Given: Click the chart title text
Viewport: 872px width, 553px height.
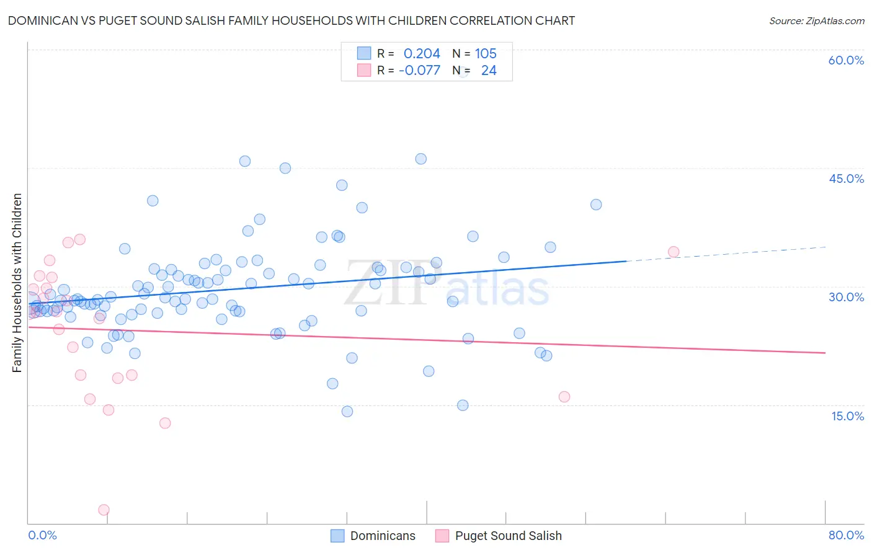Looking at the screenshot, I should tap(291, 20).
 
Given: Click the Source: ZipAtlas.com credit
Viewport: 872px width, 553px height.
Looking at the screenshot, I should tap(816, 20).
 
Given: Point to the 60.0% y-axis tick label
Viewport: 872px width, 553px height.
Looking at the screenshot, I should tap(846, 60).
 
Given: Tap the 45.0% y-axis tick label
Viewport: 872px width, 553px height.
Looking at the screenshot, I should tap(846, 179).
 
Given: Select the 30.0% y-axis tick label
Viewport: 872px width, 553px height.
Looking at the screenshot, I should tap(846, 297).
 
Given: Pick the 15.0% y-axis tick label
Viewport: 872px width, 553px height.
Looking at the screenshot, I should tap(847, 416).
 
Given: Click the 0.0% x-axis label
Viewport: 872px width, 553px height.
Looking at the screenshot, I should tap(42, 535).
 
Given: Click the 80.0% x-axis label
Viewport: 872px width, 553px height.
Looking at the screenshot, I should tap(846, 535).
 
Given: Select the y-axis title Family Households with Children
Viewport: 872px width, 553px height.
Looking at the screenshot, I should tap(17, 283).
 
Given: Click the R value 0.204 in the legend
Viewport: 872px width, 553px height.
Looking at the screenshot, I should tap(422, 54).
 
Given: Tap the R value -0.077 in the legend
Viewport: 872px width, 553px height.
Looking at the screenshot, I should tap(419, 71).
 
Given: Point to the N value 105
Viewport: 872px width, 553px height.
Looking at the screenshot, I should tap(486, 54).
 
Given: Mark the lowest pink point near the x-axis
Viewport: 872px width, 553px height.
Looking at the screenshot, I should tap(104, 510).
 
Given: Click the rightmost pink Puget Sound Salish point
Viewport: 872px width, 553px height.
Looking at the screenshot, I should tap(674, 252).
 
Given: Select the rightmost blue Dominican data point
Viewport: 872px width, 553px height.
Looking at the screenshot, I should tap(596, 205).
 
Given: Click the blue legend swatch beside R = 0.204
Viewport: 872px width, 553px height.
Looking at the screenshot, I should tap(364, 54).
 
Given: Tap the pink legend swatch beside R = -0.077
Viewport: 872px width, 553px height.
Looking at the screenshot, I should tap(364, 71).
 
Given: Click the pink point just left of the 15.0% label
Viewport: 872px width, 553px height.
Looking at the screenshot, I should tap(564, 397).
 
